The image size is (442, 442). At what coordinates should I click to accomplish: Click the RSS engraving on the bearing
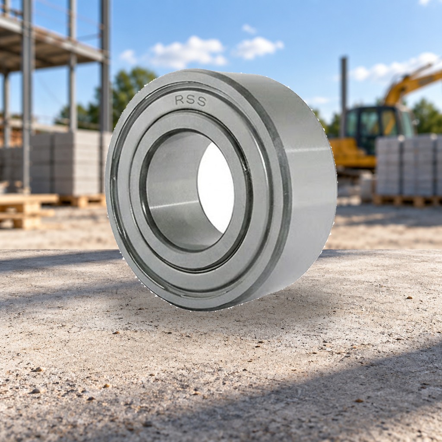(x=190, y=101)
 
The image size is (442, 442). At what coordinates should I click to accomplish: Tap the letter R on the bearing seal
(x=180, y=100)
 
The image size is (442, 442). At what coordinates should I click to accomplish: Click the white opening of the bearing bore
(x=216, y=188)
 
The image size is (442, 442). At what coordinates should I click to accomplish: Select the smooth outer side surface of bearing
(x=307, y=180)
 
